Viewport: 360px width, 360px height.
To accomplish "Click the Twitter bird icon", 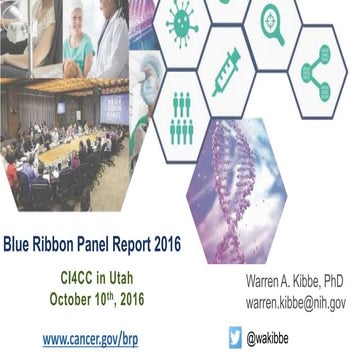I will [236, 337].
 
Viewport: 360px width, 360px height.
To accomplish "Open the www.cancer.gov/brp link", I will [90, 338].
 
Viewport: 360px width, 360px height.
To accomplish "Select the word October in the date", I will [75, 297].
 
